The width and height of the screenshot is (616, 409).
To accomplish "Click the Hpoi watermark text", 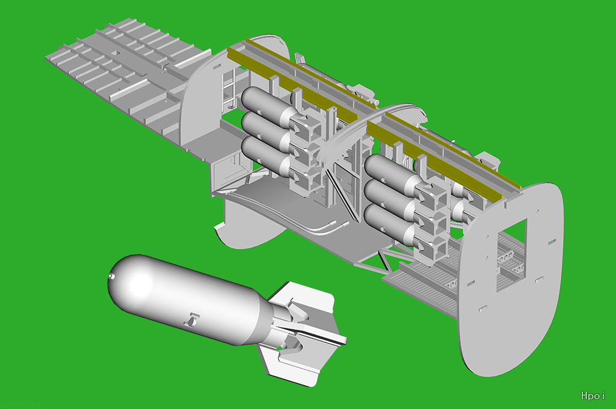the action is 593,395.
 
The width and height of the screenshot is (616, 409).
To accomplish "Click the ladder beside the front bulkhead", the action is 229,87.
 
